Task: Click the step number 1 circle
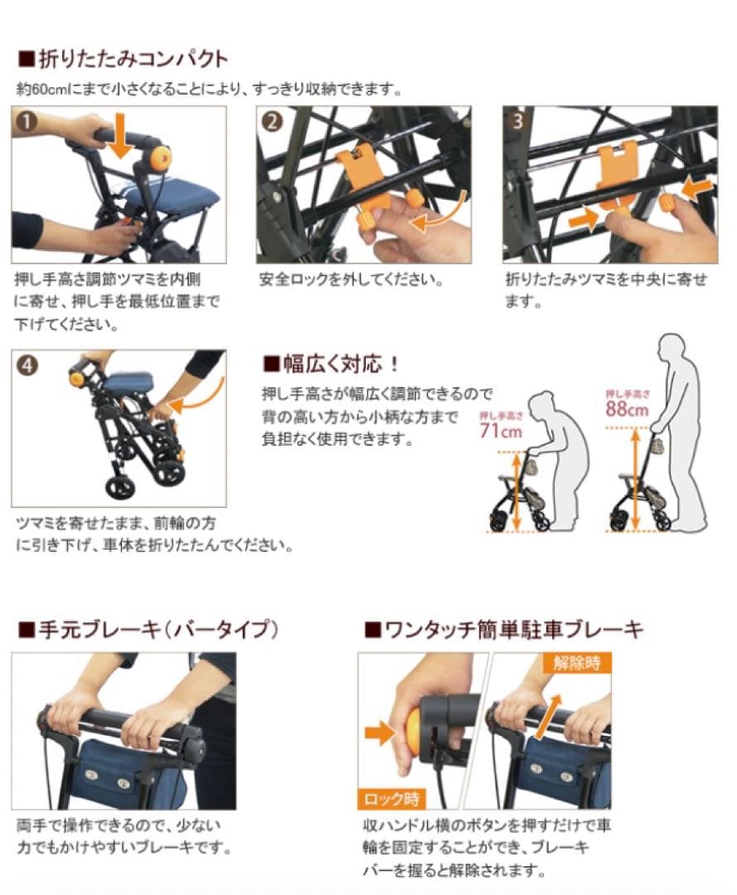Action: [27, 121]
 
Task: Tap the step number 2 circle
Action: [272, 121]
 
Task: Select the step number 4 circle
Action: [27, 365]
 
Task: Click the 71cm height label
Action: [501, 430]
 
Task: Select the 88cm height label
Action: [627, 409]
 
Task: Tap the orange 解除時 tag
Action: [576, 663]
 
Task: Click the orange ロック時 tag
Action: [391, 798]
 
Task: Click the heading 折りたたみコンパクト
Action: [124, 58]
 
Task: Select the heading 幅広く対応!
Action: [332, 363]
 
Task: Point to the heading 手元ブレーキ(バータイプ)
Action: [149, 629]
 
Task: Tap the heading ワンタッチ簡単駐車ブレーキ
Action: [504, 629]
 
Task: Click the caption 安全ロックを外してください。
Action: [351, 280]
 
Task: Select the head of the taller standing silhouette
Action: [672, 350]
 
